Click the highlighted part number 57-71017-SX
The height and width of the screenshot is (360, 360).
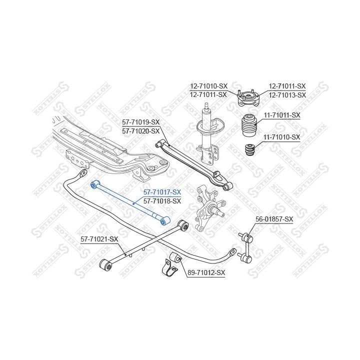162,192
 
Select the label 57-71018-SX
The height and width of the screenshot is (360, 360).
162,200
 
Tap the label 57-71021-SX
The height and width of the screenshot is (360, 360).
99,239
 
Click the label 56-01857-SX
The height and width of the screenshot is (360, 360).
274,219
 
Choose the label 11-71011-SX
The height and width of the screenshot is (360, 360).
281,115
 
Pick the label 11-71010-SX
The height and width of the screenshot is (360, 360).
281,137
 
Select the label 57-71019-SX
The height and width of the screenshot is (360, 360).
141,122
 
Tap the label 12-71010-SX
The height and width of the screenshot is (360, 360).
208,86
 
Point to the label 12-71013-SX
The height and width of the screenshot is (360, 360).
287,94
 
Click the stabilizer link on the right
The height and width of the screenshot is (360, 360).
245,245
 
